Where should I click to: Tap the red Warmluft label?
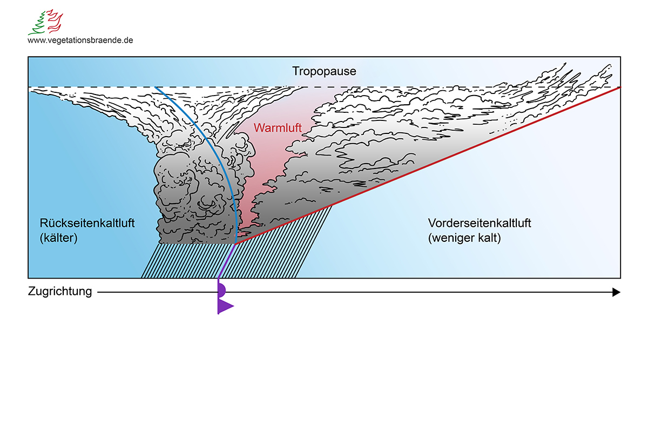click(x=278, y=128)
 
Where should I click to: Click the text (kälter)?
click(x=59, y=238)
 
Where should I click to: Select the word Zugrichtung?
click(x=60, y=292)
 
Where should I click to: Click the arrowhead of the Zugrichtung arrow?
click(x=616, y=292)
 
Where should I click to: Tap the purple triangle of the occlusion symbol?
click(x=224, y=306)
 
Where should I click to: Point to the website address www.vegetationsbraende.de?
click(x=80, y=40)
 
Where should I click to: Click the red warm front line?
click(x=432, y=163)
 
